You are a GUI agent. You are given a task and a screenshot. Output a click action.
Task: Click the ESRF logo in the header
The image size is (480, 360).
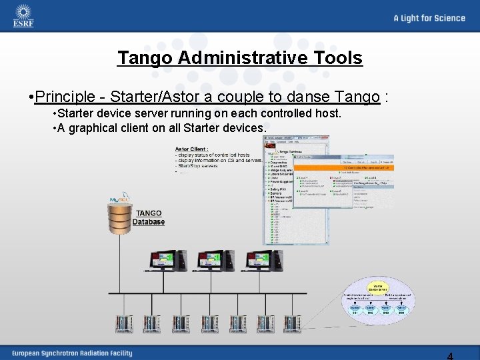click(23, 16)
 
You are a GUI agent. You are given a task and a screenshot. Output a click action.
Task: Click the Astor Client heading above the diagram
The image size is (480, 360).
click(191, 149)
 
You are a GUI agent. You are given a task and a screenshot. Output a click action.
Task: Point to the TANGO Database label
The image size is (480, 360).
click(148, 218)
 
